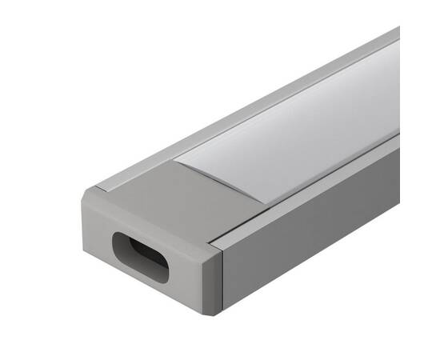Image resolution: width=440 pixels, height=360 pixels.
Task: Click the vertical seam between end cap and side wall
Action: [x=223, y=276]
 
